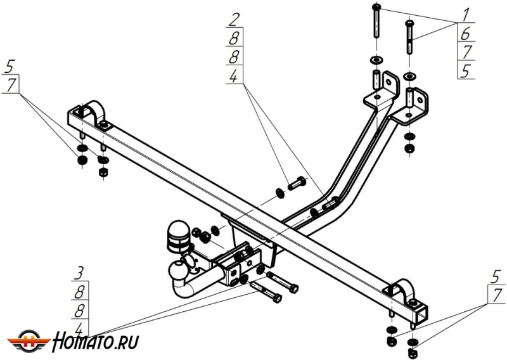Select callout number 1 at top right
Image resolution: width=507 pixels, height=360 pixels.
pos(466,13)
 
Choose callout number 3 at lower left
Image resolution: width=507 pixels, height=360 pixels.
pos(79,274)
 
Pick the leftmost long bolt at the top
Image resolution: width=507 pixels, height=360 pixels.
pos(376,23)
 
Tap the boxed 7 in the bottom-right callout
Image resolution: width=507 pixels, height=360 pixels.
pos(497,295)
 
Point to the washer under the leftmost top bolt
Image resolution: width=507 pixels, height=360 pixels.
pos(376,60)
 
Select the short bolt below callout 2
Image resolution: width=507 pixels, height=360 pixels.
pos(297,186)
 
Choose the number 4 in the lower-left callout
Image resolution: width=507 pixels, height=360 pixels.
pos(79,329)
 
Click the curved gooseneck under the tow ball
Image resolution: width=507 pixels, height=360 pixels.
pos(184,285)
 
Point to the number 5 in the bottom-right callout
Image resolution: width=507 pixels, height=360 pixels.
pos(497,276)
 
